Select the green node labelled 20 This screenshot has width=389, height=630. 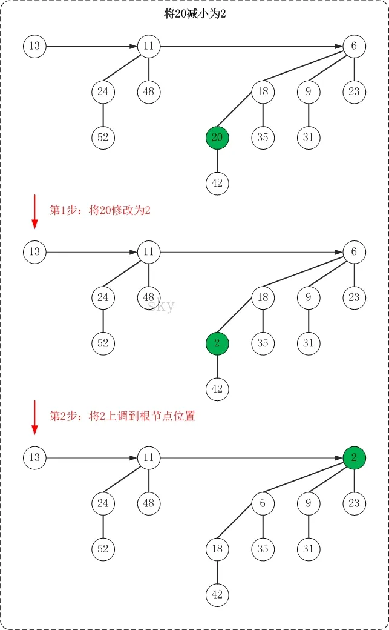coord(217,138)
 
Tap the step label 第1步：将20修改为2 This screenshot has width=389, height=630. coord(100,211)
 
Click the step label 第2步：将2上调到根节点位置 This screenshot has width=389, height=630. coord(122,416)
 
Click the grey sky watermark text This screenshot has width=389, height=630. coord(161,305)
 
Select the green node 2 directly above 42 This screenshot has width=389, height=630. coord(217,343)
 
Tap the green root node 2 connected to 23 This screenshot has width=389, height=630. coord(355,457)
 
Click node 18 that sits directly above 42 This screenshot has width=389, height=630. coord(217,549)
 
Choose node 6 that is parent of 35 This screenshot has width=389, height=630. coord(263,503)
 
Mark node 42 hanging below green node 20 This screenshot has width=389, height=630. coord(217,183)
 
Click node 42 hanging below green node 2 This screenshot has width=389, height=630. coord(217,389)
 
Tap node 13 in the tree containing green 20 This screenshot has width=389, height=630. coord(34,46)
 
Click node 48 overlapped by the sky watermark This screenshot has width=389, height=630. coord(149,297)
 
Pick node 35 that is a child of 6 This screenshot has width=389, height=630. coord(263,549)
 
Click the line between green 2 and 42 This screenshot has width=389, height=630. coord(217,366)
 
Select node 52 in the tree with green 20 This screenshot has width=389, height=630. coord(103,138)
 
